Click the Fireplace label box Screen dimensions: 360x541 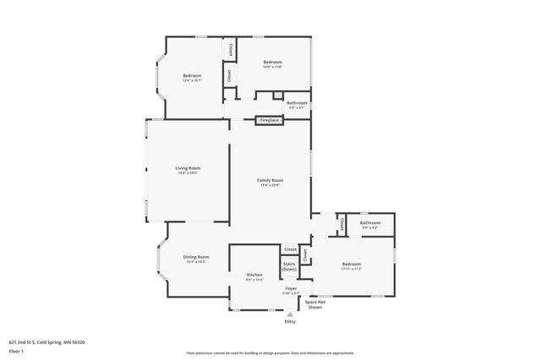269,121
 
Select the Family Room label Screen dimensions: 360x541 270,182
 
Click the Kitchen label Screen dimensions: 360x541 254,276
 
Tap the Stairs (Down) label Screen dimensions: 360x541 289,266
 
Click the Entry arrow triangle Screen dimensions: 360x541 290,314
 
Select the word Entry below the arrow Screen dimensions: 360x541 290,321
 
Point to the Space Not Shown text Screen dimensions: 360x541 314,304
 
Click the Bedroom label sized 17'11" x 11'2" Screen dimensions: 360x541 352,266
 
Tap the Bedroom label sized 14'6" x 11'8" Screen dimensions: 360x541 272,63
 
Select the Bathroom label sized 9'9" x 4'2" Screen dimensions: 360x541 371,225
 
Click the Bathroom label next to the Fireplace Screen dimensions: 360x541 297,105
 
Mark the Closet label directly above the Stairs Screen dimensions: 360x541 290,250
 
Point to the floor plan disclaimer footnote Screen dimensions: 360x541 270,353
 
